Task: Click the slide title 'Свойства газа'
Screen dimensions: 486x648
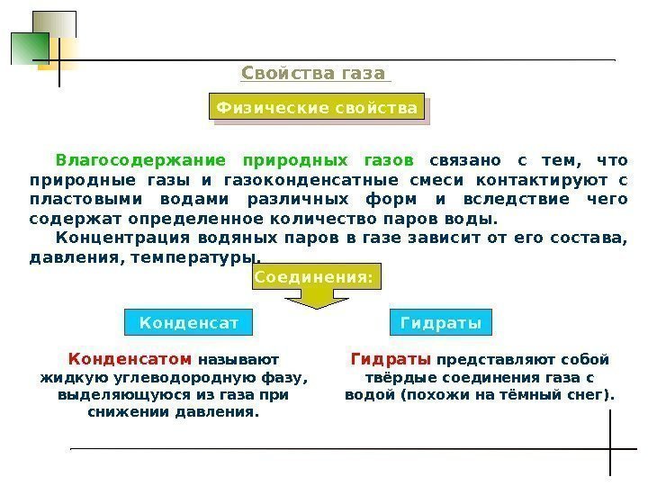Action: [313, 73]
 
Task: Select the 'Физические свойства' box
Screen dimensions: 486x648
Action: [316, 109]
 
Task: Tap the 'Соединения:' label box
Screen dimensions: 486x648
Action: [313, 278]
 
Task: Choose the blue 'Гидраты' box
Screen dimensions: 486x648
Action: [440, 321]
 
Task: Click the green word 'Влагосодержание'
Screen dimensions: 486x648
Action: [140, 161]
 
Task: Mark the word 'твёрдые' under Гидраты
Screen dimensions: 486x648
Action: [396, 376]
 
